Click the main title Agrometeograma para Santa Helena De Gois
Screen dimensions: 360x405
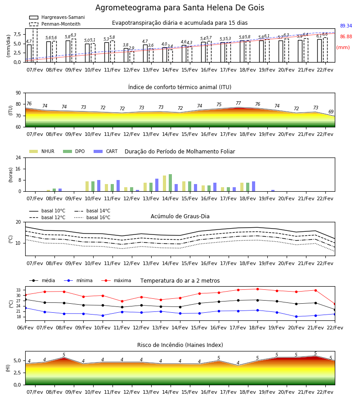coord(180,8)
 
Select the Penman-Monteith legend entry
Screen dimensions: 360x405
coord(55,24)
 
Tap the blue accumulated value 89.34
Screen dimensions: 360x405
coord(346,26)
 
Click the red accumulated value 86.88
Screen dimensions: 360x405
coord(346,37)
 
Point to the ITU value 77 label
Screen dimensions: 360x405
coord(238,103)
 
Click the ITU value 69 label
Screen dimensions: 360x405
coord(331,112)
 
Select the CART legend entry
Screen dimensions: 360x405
coord(106,151)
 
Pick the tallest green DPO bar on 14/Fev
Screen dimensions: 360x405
coord(170,183)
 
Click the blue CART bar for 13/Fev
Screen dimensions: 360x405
coord(157,185)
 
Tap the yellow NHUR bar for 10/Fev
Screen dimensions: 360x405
coord(87,186)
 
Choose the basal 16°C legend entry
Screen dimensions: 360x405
coord(92,217)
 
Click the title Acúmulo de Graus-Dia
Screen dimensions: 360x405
coord(180,216)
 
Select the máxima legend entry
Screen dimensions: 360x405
coord(116,280)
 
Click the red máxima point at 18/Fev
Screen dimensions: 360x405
coord(257,289)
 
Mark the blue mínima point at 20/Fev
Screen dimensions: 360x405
coord(296,316)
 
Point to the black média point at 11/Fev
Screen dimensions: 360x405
coord(122,307)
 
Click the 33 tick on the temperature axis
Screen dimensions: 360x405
coord(18,290)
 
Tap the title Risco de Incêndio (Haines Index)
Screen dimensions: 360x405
coord(180,345)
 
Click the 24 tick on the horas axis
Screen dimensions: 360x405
coord(18,158)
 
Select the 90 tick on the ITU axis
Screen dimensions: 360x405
coord(18,93)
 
